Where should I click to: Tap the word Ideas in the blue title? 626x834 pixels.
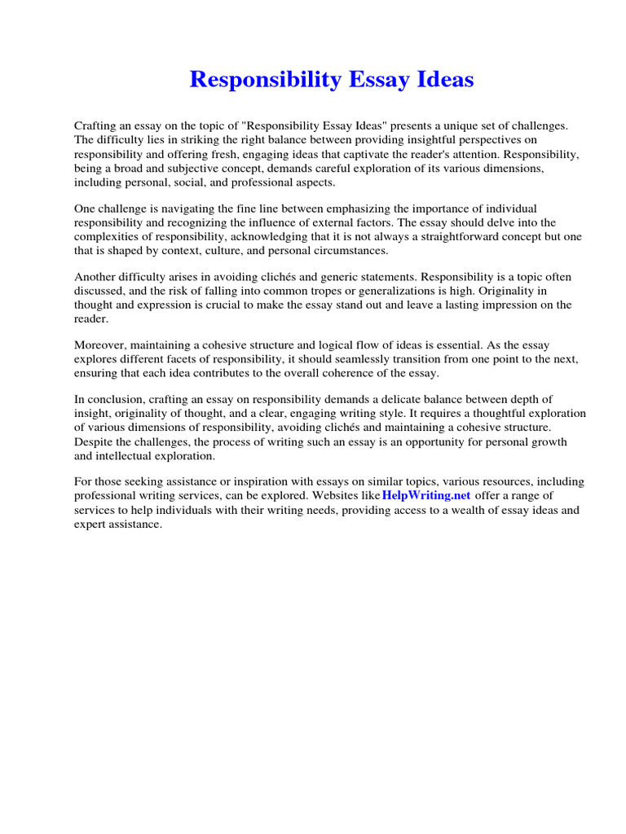(x=440, y=80)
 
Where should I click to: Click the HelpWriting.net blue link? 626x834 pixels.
(x=426, y=496)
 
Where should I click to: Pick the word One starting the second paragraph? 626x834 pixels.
(x=85, y=209)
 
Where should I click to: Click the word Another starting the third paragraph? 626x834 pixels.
(x=96, y=278)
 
